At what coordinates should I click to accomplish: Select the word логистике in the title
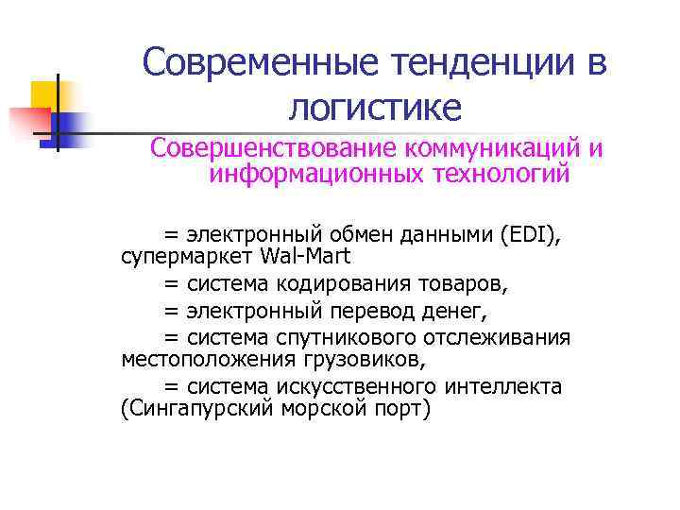tap(375, 108)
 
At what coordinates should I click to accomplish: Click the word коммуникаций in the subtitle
tap(493, 149)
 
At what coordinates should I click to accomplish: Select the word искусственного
tap(356, 386)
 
